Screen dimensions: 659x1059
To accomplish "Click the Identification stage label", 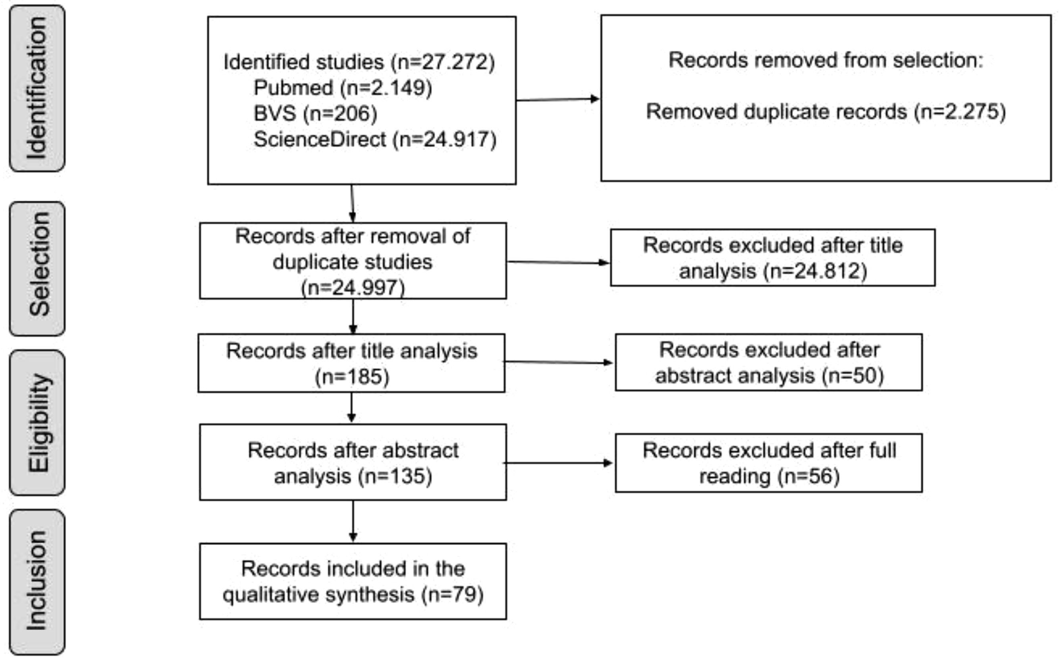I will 37,88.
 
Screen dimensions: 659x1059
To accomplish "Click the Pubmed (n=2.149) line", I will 343,88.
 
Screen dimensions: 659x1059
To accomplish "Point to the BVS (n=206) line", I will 315,113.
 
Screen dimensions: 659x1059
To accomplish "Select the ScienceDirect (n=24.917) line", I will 375,139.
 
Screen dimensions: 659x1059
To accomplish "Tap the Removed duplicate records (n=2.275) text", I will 826,112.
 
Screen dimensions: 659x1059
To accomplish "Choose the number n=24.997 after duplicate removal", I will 353,288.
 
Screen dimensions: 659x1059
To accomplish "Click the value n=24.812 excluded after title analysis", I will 815,271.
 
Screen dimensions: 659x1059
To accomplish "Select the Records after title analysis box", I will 351,363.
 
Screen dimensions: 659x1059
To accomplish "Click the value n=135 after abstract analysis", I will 395,476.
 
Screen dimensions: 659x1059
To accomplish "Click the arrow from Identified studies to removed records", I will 558,99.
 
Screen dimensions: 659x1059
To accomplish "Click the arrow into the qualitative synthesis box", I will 353,521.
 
